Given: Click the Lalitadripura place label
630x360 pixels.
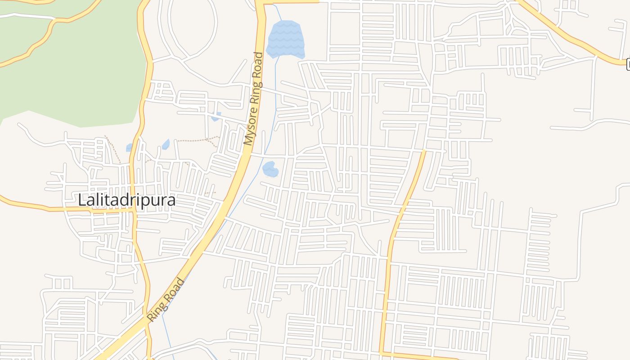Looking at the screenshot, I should click(x=127, y=200).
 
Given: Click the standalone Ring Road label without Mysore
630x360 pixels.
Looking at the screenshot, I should click(x=166, y=300).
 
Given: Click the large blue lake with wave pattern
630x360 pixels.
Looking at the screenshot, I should click(x=286, y=40).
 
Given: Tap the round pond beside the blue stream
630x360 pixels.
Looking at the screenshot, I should click(x=270, y=169).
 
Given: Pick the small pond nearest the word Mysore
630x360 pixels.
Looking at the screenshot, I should click(x=216, y=117).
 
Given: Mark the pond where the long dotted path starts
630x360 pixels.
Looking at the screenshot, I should click(x=166, y=144).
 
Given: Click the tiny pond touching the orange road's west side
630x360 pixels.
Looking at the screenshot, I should click(x=130, y=147).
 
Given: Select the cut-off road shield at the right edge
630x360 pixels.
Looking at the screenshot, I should click(x=628, y=64).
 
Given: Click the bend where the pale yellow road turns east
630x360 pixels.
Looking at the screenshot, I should click(x=382, y=352).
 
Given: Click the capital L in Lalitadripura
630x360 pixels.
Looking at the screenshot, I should click(x=83, y=200).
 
